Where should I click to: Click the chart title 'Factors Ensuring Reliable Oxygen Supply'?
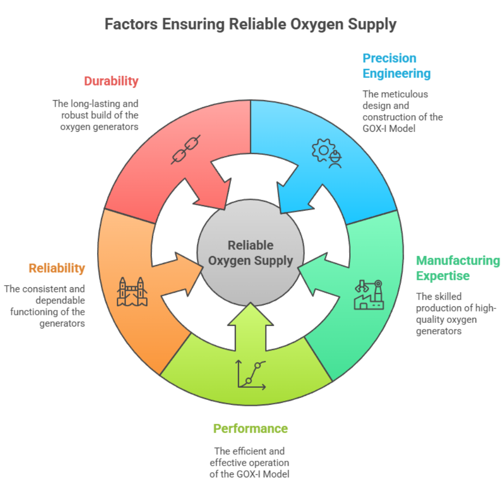[250, 24]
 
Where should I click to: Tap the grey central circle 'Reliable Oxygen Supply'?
[250, 253]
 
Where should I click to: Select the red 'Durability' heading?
[111, 81]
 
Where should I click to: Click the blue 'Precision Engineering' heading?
[396, 66]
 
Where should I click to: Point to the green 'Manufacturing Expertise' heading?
[458, 268]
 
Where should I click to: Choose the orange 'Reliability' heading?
[57, 268]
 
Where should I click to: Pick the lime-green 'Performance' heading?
[250, 429]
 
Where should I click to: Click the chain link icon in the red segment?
[186, 149]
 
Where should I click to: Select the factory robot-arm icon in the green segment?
[369, 295]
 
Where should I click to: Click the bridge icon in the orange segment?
[132, 292]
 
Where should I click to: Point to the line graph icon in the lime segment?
[251, 375]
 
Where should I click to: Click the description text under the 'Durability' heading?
[96, 115]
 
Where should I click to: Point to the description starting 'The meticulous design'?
[402, 111]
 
